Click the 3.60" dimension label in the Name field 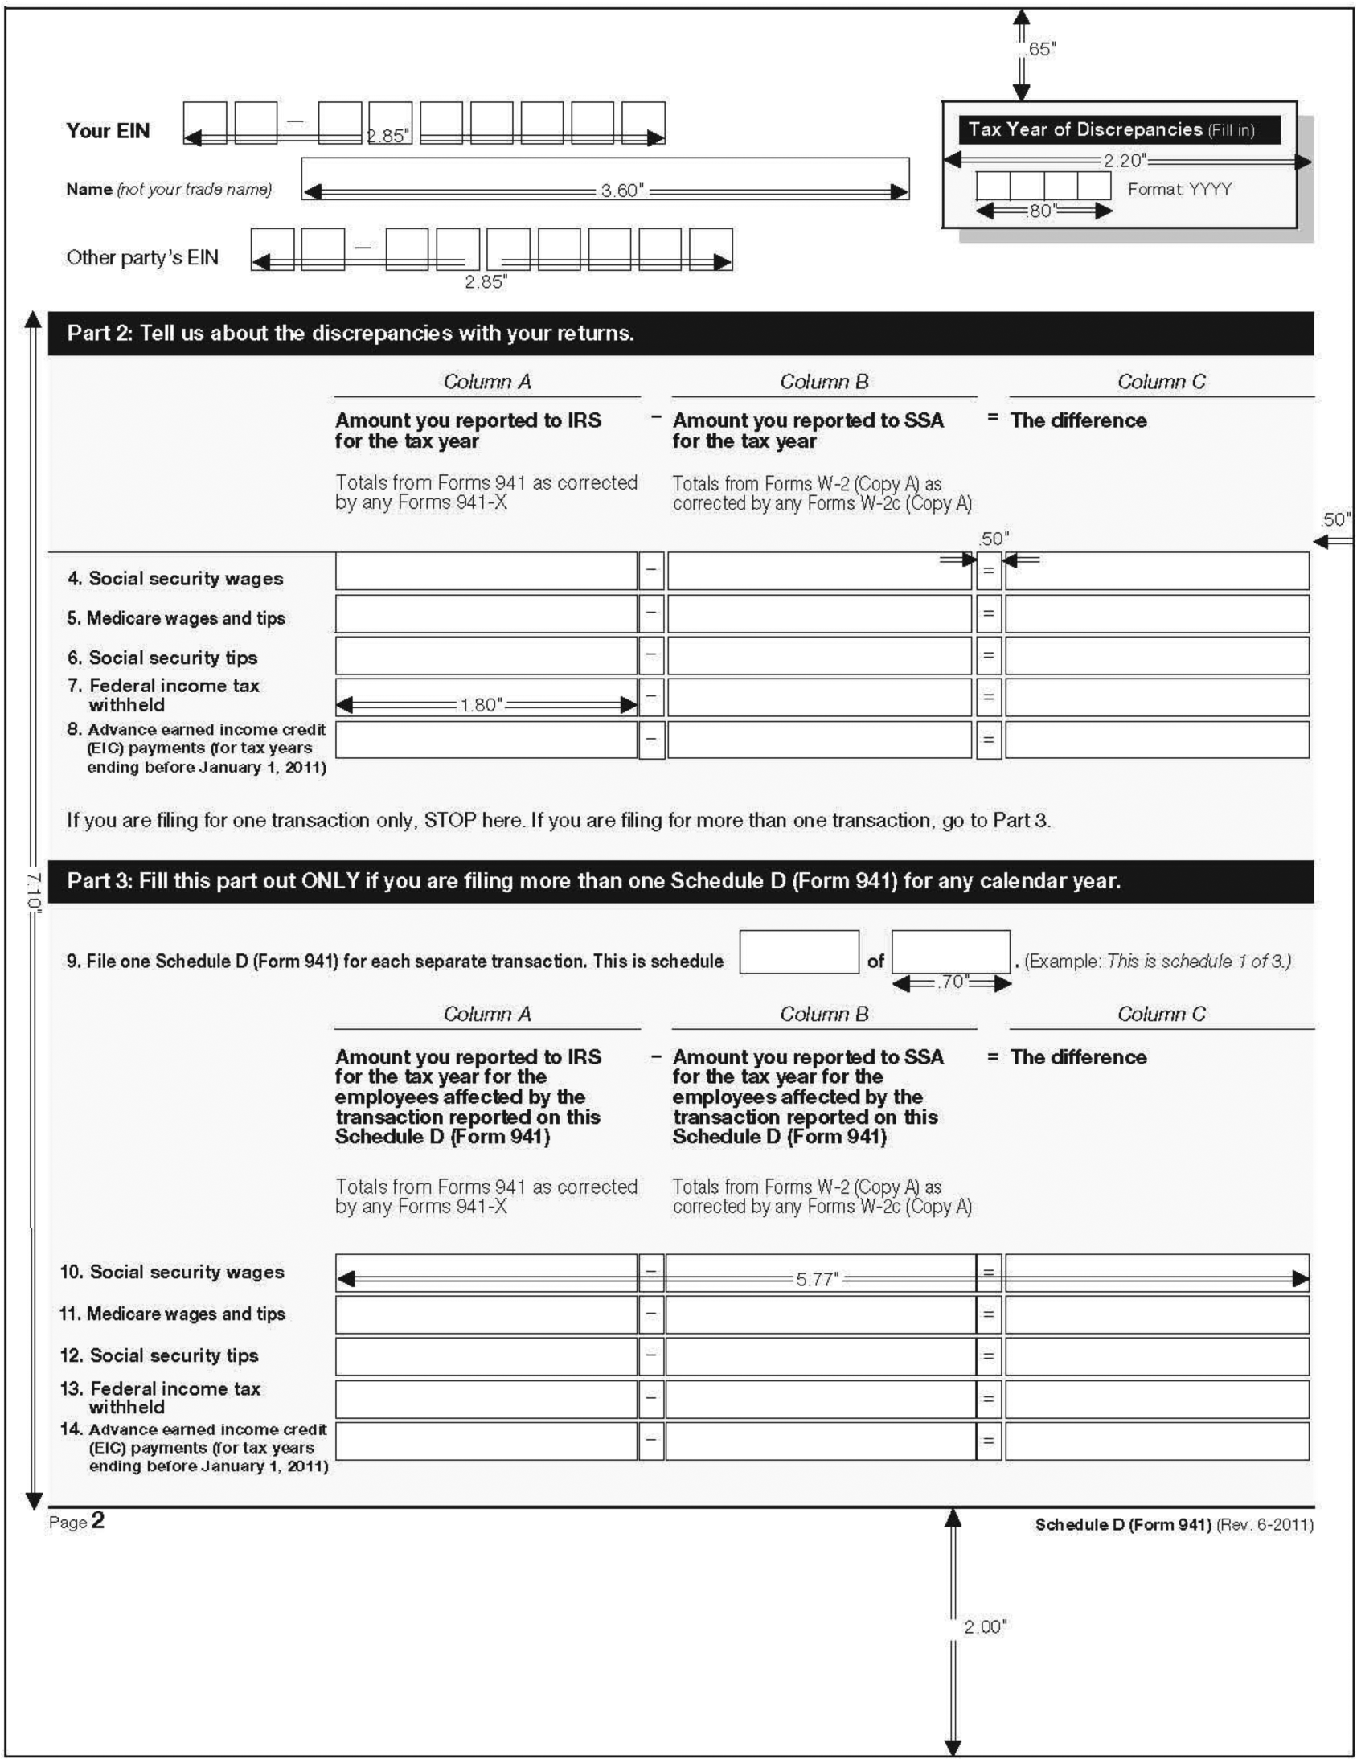click(621, 191)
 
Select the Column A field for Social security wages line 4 click(486, 571)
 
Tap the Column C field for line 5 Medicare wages click(1157, 613)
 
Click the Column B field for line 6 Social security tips click(819, 655)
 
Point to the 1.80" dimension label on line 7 click(481, 706)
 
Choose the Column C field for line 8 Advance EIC click(1157, 740)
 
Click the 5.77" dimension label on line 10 click(818, 1279)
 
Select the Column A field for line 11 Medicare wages click(486, 1315)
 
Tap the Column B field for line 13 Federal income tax click(820, 1399)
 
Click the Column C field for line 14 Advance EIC click(1157, 1441)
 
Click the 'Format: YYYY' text click(1179, 189)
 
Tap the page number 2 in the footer click(97, 1520)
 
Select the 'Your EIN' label click(108, 131)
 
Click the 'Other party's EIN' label click(141, 258)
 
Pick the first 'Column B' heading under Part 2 click(824, 382)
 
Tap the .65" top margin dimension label click(1039, 50)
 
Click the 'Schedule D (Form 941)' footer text click(1122, 1524)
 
